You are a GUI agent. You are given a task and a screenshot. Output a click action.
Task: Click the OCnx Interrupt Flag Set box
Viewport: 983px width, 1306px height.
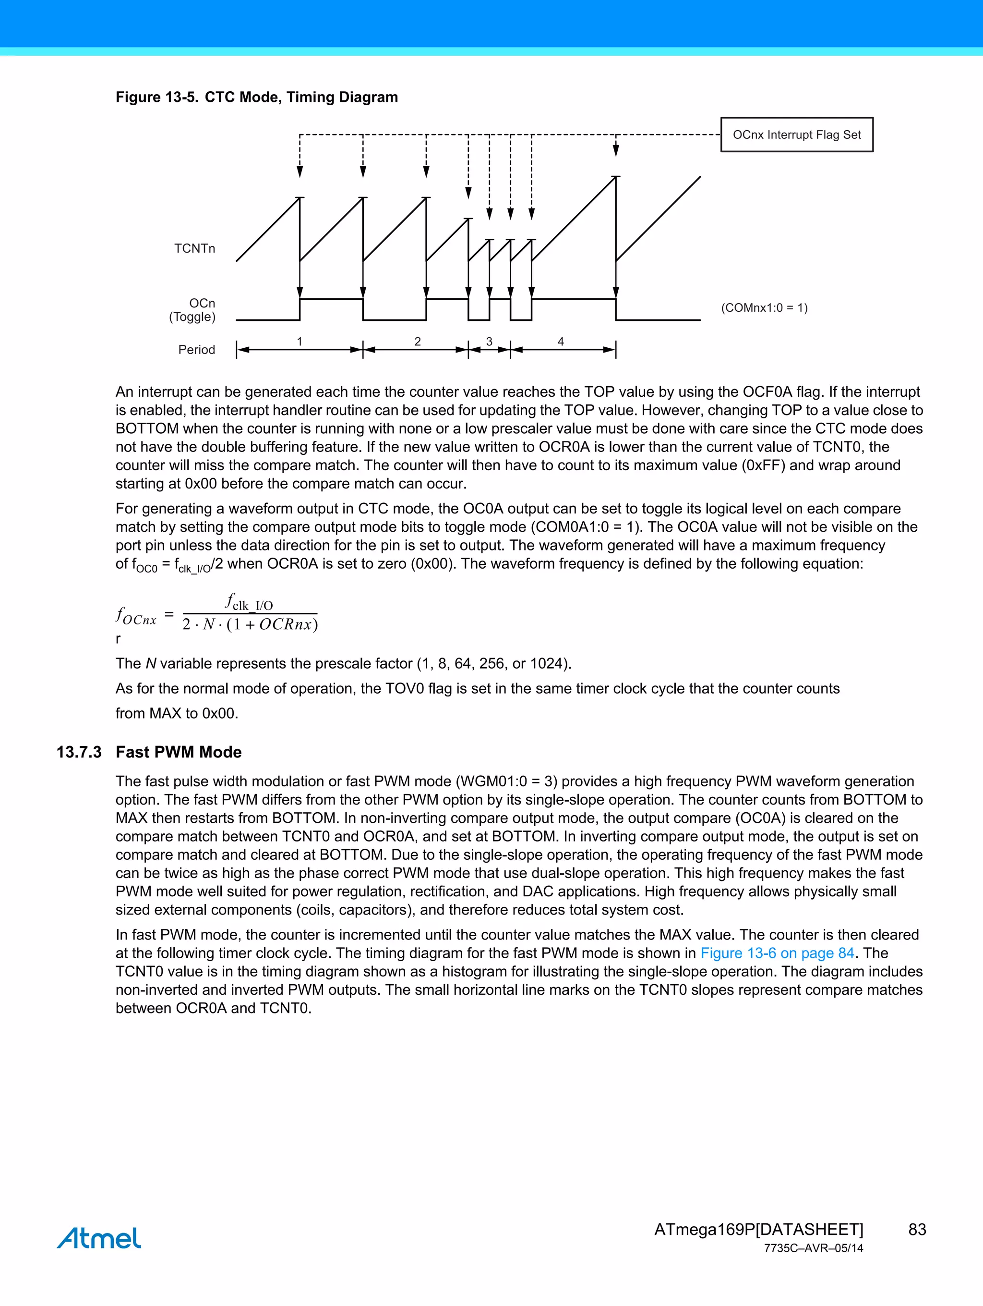pyautogui.click(x=797, y=134)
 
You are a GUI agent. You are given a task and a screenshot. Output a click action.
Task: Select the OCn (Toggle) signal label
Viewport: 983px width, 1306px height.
pyautogui.click(x=193, y=310)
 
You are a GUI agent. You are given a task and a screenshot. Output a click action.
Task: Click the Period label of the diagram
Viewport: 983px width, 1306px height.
pyautogui.click(x=196, y=350)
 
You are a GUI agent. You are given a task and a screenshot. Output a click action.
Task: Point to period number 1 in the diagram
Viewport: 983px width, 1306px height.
pyautogui.click(x=300, y=341)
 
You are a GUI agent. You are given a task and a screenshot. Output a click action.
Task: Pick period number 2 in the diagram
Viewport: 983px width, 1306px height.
pyautogui.click(x=417, y=341)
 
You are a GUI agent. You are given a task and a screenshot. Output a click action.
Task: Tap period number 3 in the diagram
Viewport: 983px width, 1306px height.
pyautogui.click(x=489, y=341)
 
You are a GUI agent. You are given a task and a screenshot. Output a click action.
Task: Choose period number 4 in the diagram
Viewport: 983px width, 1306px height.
pyautogui.click(x=561, y=341)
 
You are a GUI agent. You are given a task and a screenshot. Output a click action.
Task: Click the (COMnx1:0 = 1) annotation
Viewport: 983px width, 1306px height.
pyautogui.click(x=764, y=307)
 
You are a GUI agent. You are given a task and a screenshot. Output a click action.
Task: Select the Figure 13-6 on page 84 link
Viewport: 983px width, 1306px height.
pyautogui.click(x=777, y=953)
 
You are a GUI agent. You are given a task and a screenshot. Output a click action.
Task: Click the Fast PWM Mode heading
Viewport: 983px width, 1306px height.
pyautogui.click(x=178, y=752)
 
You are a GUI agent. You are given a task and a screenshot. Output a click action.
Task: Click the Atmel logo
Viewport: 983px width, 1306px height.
pyautogui.click(x=99, y=1238)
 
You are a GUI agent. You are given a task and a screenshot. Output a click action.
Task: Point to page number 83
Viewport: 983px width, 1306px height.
pyautogui.click(x=917, y=1229)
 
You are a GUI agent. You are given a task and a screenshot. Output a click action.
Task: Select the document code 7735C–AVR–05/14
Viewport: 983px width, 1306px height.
pyautogui.click(x=813, y=1248)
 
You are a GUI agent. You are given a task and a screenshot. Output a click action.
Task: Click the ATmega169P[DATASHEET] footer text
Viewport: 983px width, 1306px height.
pyautogui.click(x=758, y=1229)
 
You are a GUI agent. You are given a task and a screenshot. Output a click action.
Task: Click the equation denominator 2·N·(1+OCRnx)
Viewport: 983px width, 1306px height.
pyautogui.click(x=250, y=624)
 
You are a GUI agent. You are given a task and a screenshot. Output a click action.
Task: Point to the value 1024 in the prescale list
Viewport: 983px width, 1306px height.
pyautogui.click(x=548, y=664)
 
